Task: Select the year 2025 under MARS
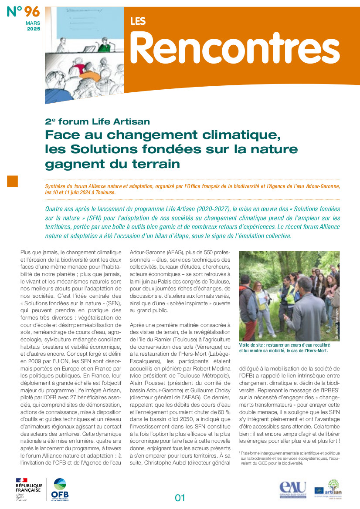point(34,29)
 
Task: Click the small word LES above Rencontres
point(138,21)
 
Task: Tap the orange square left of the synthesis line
point(12,181)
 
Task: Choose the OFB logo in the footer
point(60,490)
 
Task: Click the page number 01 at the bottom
point(180,498)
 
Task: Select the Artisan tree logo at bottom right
point(334,487)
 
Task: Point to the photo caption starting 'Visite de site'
point(283,348)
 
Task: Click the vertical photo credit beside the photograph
point(336,322)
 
